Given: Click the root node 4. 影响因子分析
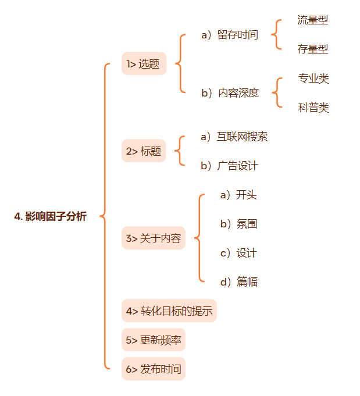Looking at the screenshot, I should click(50, 216).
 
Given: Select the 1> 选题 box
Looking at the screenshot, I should click(144, 64).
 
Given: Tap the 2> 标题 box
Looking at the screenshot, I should click(144, 151).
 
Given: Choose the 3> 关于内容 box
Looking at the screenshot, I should click(153, 238).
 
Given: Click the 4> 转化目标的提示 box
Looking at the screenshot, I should click(169, 311).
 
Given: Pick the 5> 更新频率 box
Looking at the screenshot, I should click(153, 340).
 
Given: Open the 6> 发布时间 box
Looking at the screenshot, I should click(153, 369).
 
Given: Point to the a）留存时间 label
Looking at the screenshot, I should click(229, 35).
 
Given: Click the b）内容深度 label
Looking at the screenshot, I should click(230, 93).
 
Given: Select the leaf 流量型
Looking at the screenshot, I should click(313, 20).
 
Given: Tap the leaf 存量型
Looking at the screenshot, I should click(313, 49).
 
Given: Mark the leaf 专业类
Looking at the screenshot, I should click(313, 79).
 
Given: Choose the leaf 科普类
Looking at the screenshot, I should click(313, 108).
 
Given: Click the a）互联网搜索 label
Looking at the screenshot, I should click(234, 137).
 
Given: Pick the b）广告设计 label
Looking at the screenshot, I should click(229, 166).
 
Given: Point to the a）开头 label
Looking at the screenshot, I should click(238, 195).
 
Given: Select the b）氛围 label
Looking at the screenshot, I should click(238, 224).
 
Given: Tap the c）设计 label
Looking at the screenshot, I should click(238, 253).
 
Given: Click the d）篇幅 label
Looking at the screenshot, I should click(238, 282).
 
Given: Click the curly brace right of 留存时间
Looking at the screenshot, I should click(276, 35).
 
